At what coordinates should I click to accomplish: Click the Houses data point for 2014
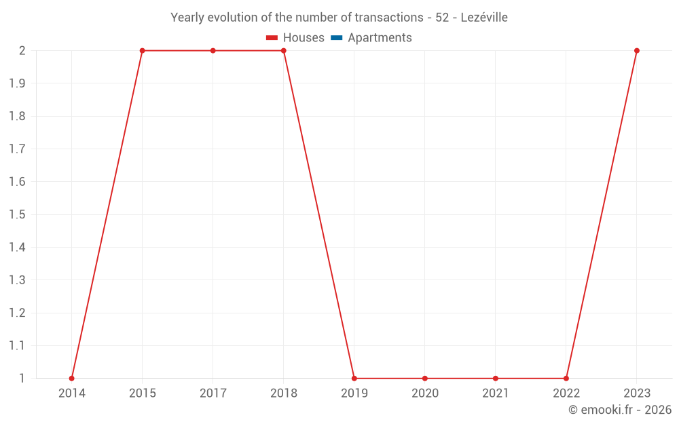click(72, 378)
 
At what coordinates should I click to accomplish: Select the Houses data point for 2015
click(143, 51)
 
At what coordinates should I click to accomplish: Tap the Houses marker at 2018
click(284, 51)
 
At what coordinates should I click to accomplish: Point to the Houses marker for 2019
click(354, 378)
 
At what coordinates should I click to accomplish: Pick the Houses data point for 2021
click(496, 378)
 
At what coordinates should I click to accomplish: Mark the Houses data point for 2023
click(637, 51)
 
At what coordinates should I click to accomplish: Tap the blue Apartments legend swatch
click(336, 38)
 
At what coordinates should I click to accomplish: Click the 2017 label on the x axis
click(213, 393)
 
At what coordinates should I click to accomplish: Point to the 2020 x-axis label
click(425, 393)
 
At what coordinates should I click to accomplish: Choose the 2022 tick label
click(566, 393)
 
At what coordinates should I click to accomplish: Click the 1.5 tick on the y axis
click(17, 214)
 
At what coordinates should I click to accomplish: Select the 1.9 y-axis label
click(17, 83)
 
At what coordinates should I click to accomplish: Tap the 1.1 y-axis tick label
click(17, 345)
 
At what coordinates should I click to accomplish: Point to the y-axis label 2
click(22, 51)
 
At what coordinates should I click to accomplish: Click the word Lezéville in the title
click(484, 18)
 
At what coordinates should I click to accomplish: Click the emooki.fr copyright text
click(620, 410)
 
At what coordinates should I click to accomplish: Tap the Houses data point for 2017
click(213, 51)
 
